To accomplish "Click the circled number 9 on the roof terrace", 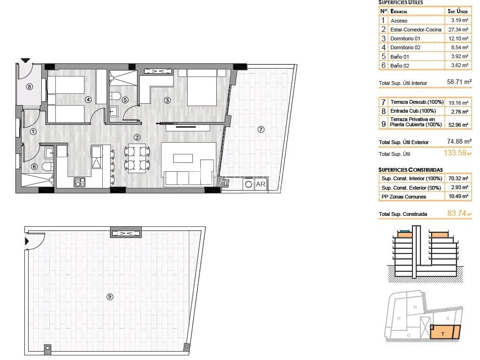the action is tap(110, 296).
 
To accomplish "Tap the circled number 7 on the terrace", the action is tap(261, 130).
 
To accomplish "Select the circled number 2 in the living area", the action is tap(137, 138).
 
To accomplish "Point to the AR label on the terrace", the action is tap(260, 184).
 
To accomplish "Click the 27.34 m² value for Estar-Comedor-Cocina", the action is tap(458, 30).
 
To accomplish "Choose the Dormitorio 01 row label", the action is tap(405, 38).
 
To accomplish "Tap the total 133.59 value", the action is tap(455, 153).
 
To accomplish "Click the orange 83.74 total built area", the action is tap(457, 213).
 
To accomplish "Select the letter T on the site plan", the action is tap(442, 334).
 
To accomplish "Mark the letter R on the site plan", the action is tap(415, 307).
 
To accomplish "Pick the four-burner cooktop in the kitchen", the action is tap(79, 183).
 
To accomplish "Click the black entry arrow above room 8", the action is tap(25, 60).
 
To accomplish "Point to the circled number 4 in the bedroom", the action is tap(88, 100).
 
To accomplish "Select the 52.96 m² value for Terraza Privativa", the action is tap(458, 124).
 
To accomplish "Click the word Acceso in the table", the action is tap(399, 21).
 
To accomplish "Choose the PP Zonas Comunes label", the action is tap(404, 197).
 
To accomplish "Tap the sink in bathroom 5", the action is tap(114, 111).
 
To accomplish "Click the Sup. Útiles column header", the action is tap(457, 11).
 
